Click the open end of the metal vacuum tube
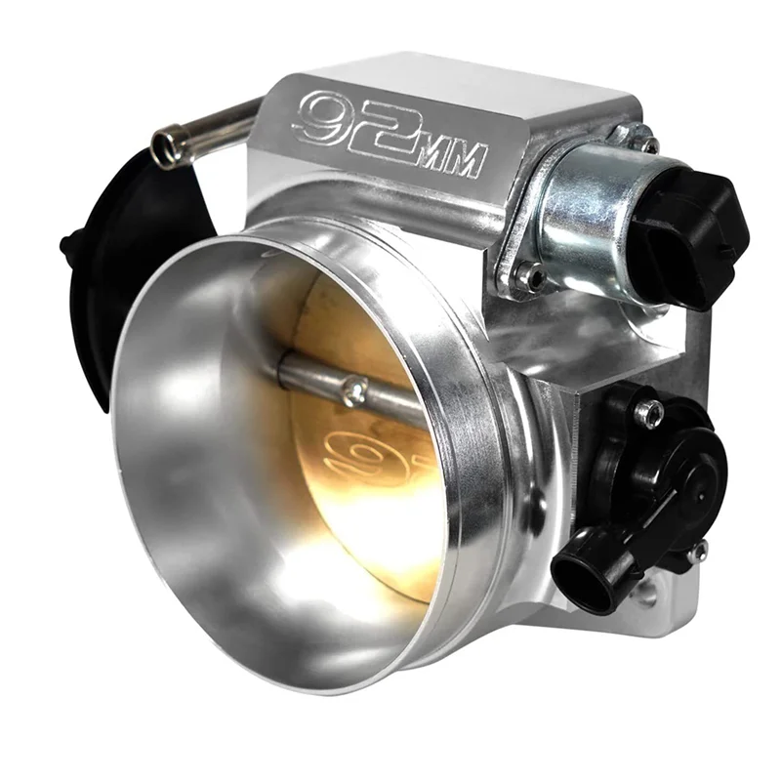click(x=167, y=148)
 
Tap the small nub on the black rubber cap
click(x=66, y=242)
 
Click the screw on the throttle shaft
click(x=354, y=390)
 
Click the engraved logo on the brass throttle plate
click(x=370, y=455)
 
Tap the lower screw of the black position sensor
click(x=697, y=553)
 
